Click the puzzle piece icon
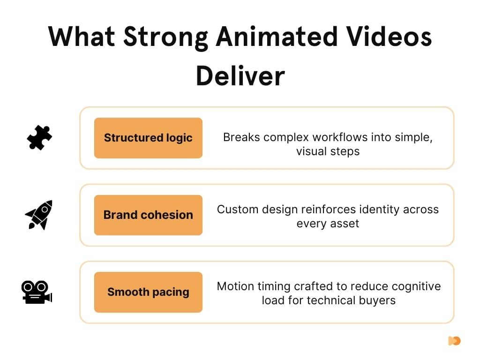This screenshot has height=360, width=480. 39,137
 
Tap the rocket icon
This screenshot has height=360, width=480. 39,215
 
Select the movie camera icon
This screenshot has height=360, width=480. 37,292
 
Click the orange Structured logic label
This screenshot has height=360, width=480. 148,138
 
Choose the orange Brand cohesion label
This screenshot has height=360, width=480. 148,215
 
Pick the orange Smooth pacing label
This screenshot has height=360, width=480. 148,292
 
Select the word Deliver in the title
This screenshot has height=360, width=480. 240,75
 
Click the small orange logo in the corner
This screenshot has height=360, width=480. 454,341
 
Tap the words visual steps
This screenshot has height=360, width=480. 328,151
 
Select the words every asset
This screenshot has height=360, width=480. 328,223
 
